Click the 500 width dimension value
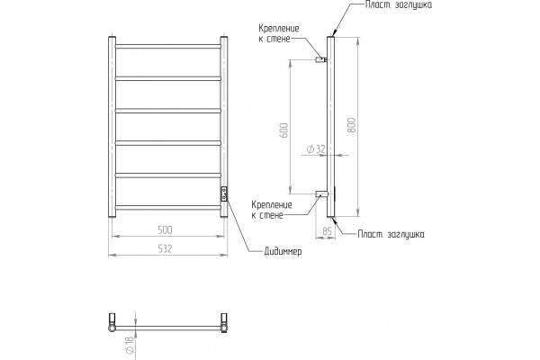[x=165, y=229]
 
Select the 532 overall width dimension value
[x=165, y=248]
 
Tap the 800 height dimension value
[x=351, y=125]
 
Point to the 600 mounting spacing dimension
[x=283, y=130]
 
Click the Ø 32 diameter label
[x=316, y=149]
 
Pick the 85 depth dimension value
[x=327, y=231]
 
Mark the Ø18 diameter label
[x=129, y=345]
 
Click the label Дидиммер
[x=283, y=251]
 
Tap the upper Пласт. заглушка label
[x=399, y=4]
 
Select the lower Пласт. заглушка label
[x=391, y=234]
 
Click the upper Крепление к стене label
[x=279, y=33]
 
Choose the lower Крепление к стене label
[x=272, y=210]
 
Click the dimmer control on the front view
[x=224, y=194]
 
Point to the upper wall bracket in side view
[x=321, y=60]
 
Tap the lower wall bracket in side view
[x=321, y=194]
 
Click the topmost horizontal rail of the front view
[x=167, y=46]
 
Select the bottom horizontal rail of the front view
[x=167, y=207]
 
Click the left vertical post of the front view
[x=112, y=127]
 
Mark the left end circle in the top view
[x=112, y=328]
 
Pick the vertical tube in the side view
[x=330, y=127]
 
